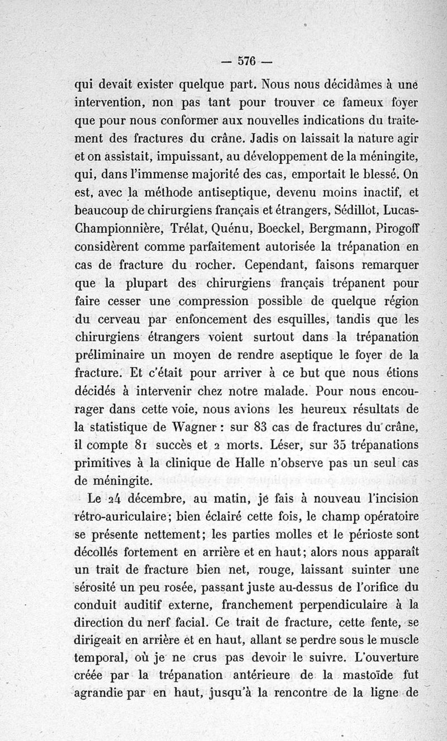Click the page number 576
coord(246,62)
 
